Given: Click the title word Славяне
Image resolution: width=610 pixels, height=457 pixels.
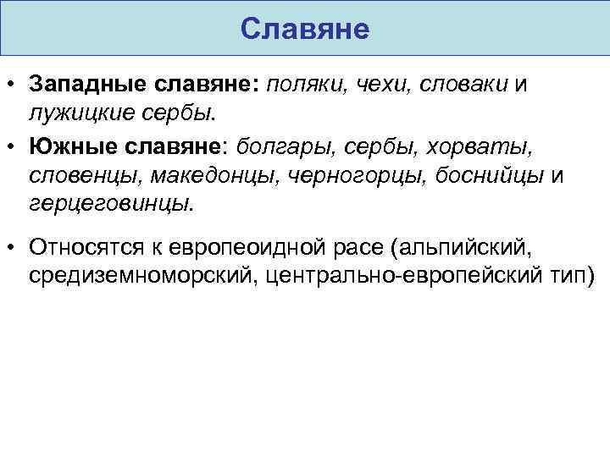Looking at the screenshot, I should tap(305, 29).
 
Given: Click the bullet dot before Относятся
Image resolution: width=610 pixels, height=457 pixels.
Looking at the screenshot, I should tap(11, 247).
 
